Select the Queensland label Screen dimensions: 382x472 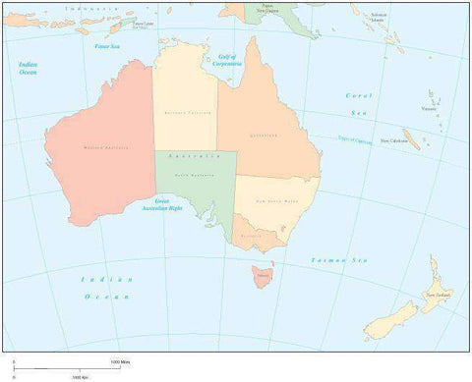(264, 135)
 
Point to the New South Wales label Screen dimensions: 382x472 (276, 201)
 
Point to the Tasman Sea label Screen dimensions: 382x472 (324, 259)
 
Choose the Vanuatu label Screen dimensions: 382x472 (430, 108)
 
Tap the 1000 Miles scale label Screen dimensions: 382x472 (120, 361)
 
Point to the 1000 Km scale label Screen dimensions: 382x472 (82, 376)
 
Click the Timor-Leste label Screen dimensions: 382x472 (144, 25)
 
